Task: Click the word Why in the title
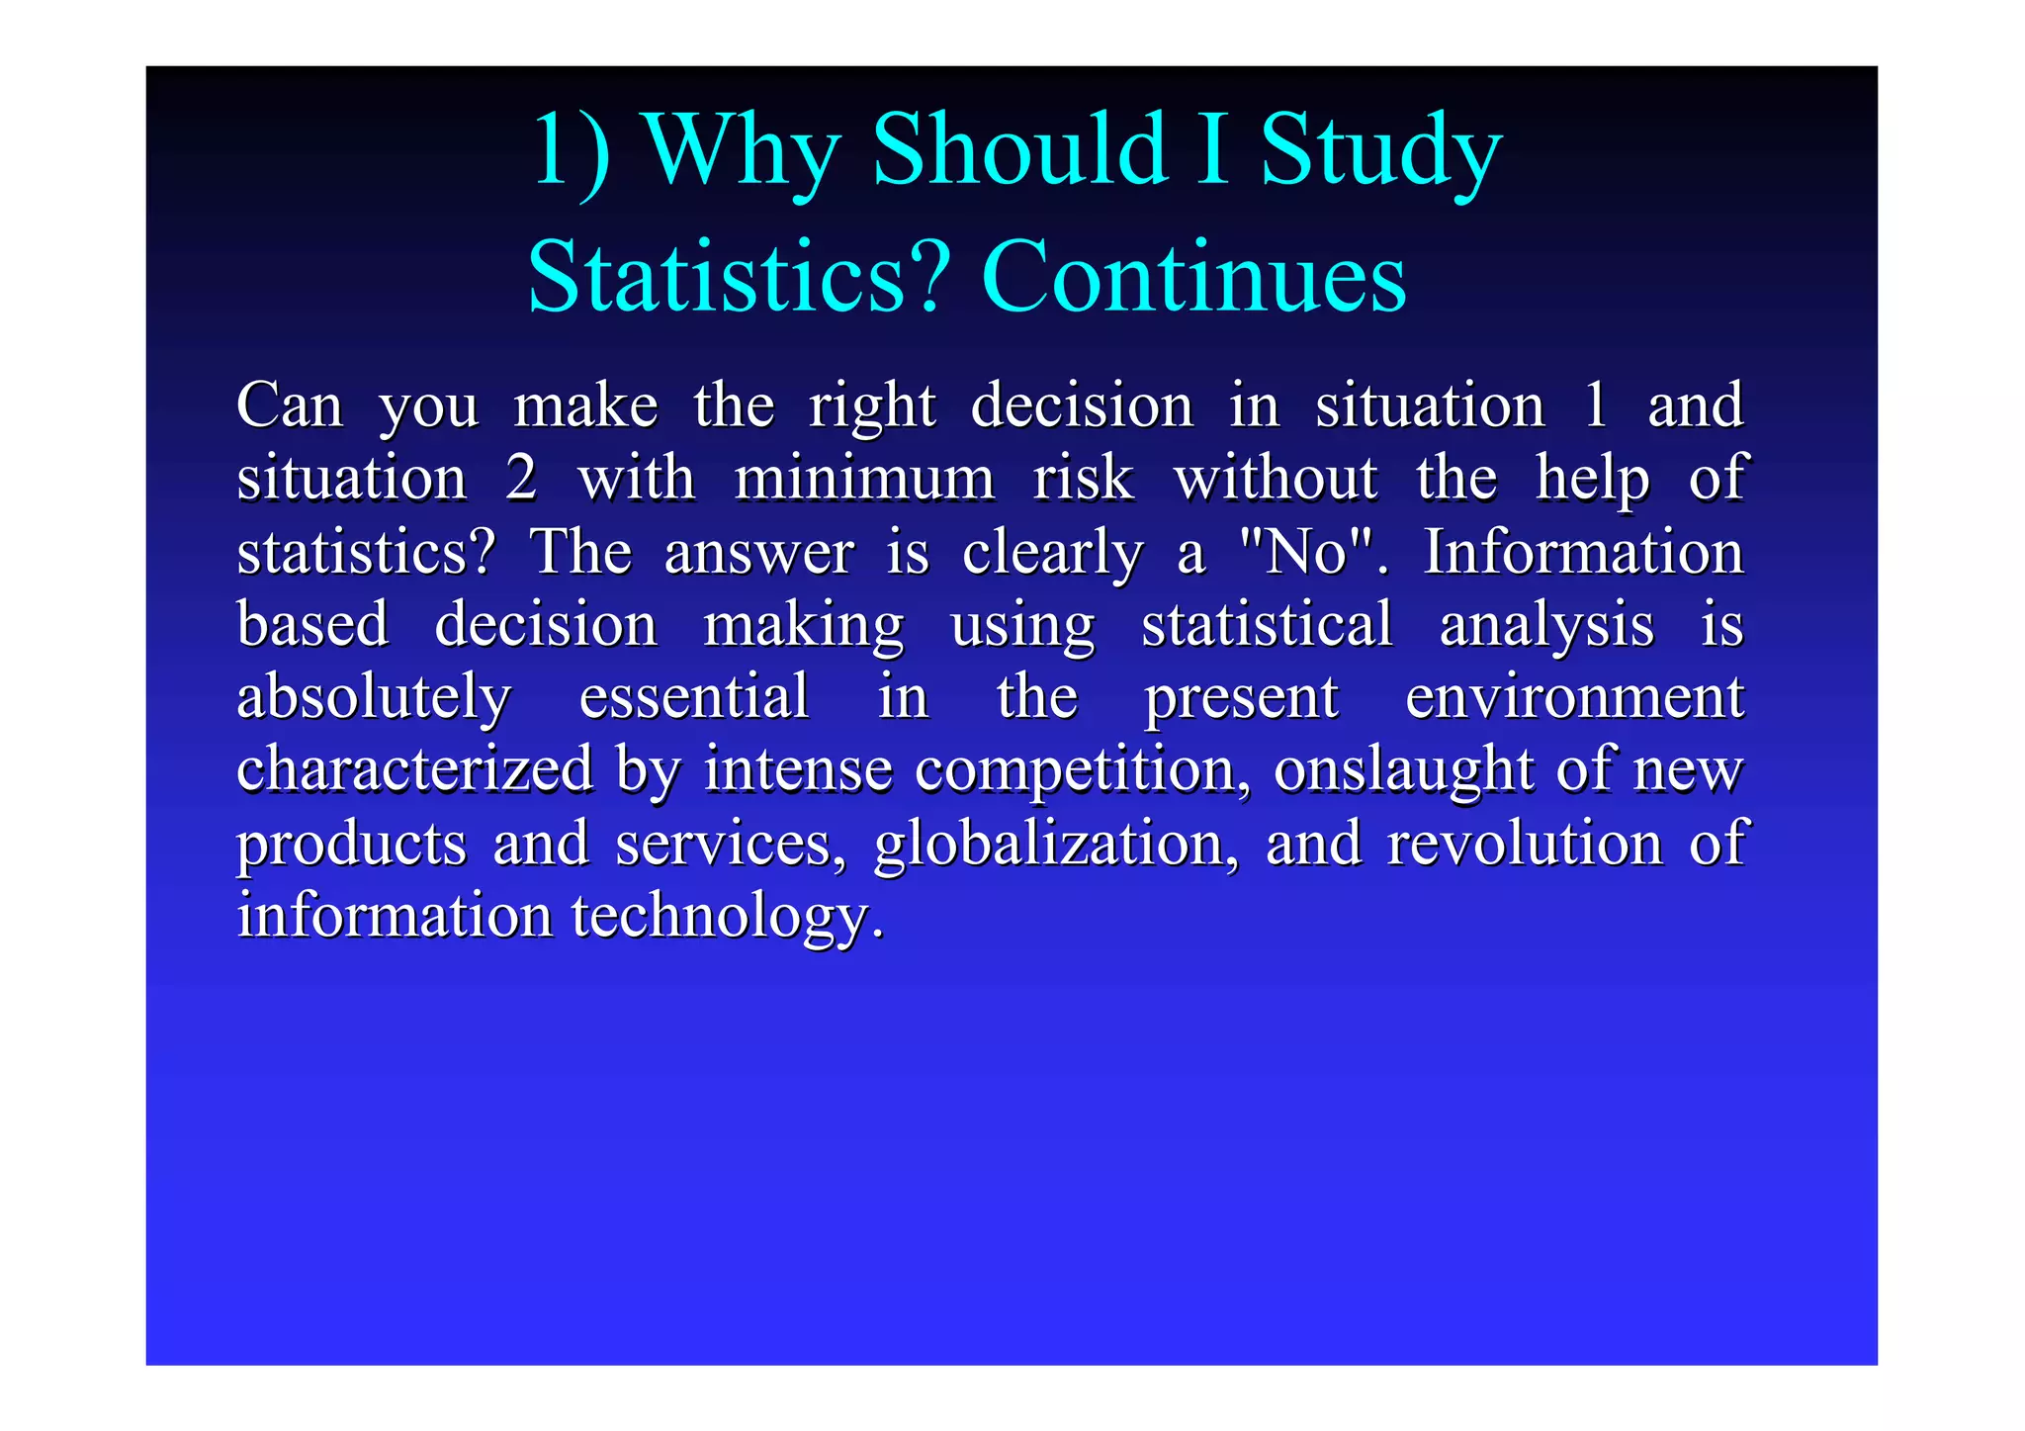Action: point(741,151)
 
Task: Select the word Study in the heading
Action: point(1380,151)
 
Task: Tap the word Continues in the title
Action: point(1193,278)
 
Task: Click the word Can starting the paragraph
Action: point(290,405)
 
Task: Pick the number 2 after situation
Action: point(521,479)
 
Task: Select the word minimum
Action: point(864,479)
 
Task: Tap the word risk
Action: point(1084,479)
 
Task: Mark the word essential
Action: point(694,696)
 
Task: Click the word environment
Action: point(1574,696)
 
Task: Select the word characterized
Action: point(415,769)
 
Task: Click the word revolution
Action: point(1525,844)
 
